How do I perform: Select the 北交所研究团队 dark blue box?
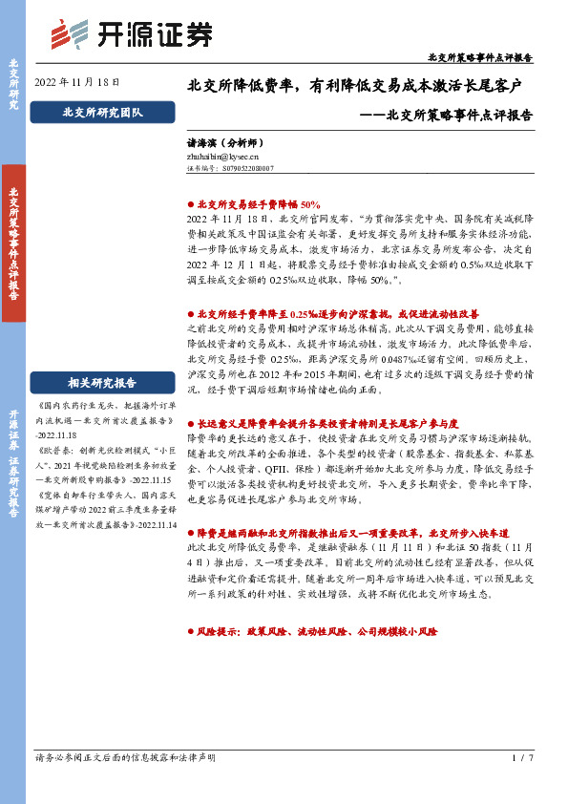pos(102,113)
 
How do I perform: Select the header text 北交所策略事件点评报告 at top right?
pos(480,57)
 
